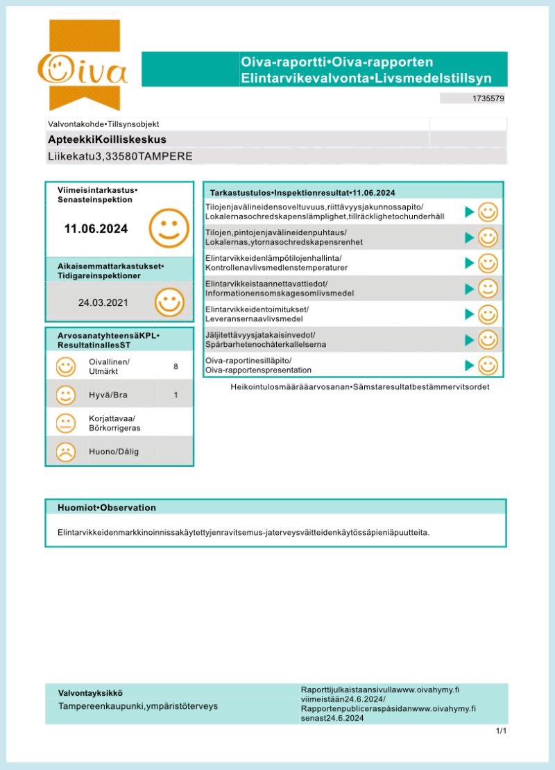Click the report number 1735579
488,99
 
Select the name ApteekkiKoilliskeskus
107,139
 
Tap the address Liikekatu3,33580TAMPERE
120,156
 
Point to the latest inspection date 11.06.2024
96,229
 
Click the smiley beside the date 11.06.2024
169,227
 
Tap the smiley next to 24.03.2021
169,302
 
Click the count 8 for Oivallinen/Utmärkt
176,366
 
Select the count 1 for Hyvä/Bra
176,395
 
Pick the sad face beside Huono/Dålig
66,452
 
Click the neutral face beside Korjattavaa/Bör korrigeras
66,423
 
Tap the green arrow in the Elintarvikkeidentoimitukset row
470,314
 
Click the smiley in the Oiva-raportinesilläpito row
488,365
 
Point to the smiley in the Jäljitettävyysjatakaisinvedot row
488,339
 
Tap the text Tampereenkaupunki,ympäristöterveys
138,706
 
